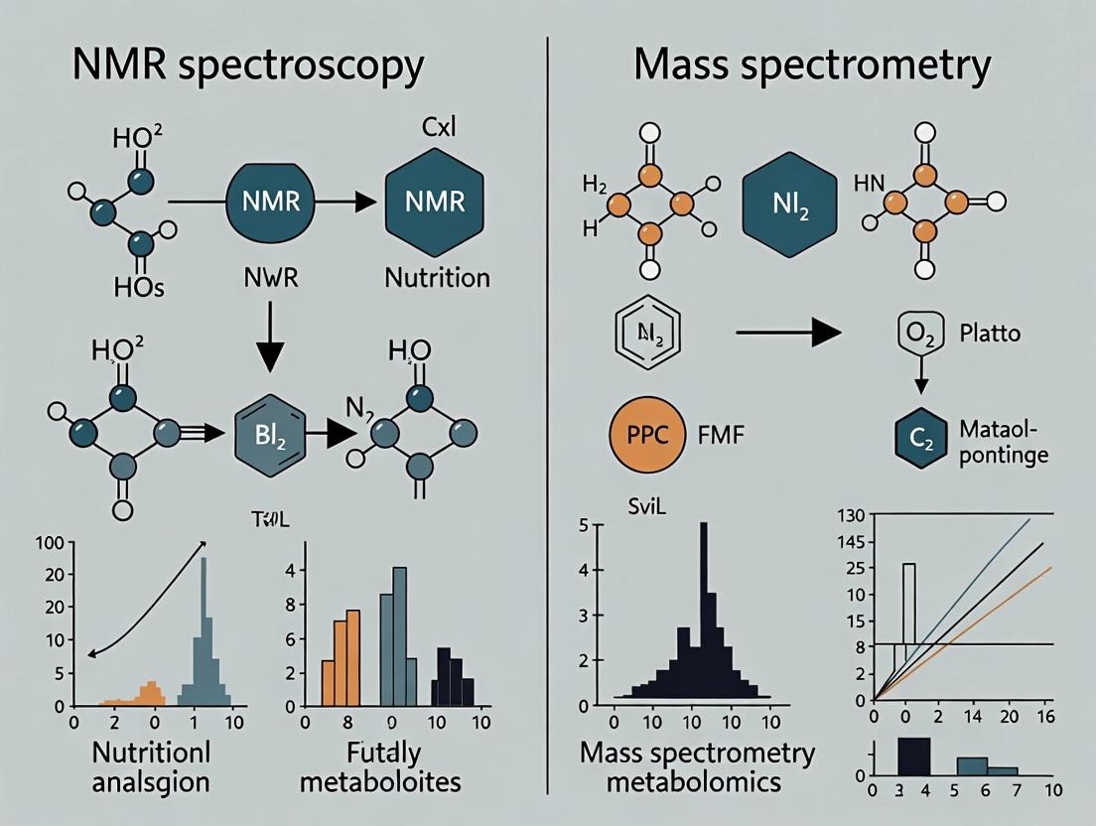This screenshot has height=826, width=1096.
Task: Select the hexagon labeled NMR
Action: pos(435,202)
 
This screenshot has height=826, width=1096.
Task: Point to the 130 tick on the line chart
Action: pos(852,514)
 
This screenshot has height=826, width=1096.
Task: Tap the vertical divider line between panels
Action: pos(548,397)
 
